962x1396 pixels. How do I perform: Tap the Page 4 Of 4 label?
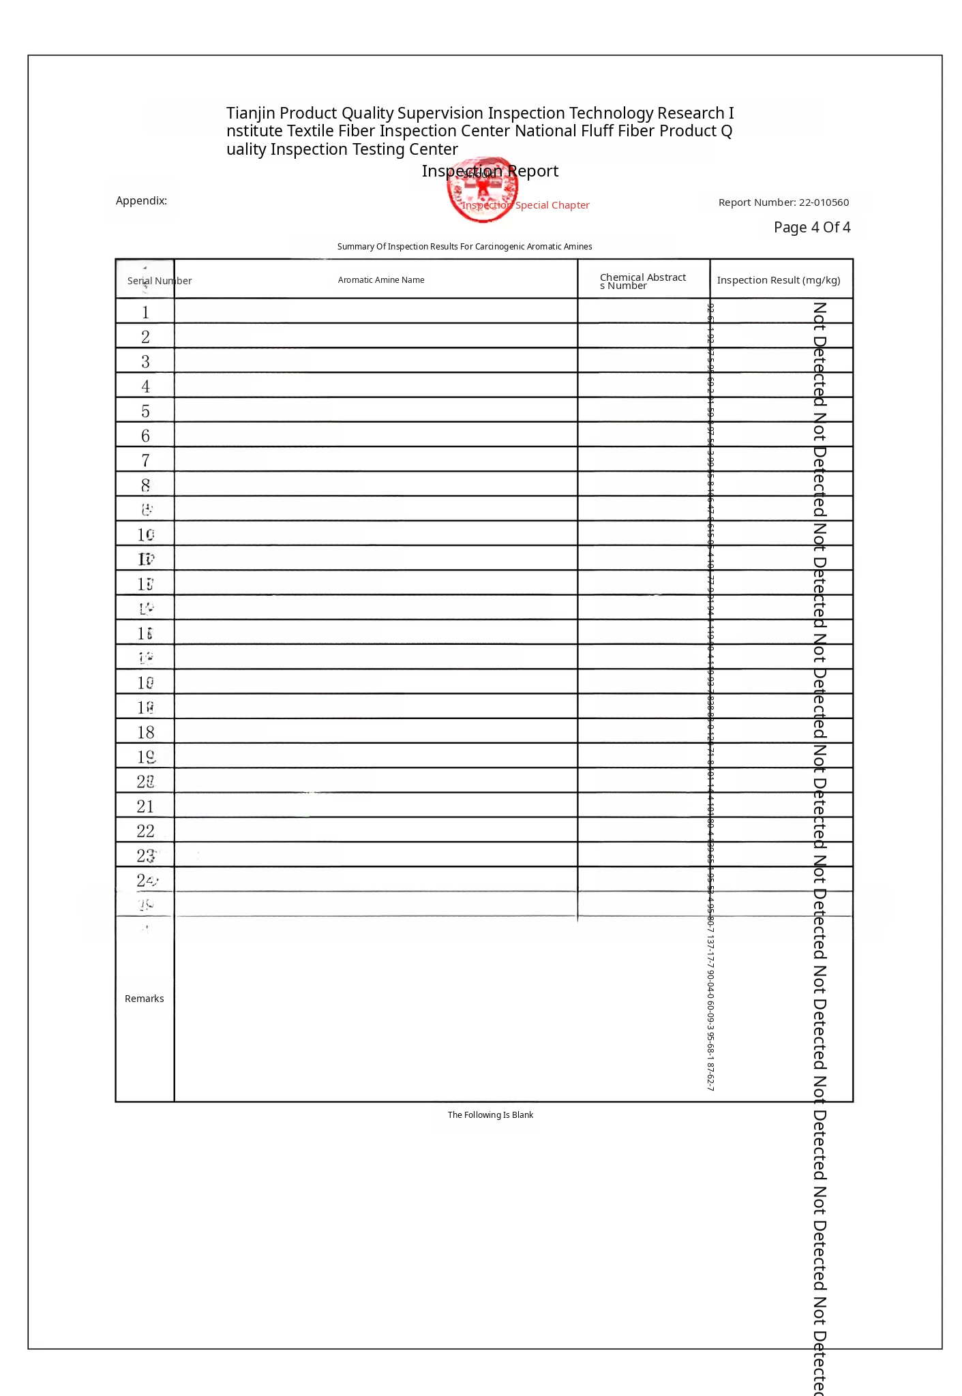click(811, 228)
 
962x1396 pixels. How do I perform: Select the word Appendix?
click(141, 200)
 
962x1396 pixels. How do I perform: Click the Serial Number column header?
click(159, 281)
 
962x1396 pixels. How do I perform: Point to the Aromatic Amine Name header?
click(381, 280)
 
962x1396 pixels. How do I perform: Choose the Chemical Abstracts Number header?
click(642, 281)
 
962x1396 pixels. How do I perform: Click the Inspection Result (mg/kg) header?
click(778, 280)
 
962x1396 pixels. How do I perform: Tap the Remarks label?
click(144, 999)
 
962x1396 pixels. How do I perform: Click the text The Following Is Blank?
click(490, 1115)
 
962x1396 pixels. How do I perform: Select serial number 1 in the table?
click(145, 312)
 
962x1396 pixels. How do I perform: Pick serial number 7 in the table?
click(145, 461)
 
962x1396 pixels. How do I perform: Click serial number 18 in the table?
click(146, 733)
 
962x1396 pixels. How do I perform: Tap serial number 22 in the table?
click(146, 832)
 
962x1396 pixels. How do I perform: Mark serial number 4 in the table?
click(145, 386)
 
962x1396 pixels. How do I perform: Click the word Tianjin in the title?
click(250, 113)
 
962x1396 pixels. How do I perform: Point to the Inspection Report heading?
click(490, 171)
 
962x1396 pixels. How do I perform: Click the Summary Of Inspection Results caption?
click(464, 247)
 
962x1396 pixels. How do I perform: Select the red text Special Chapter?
click(552, 205)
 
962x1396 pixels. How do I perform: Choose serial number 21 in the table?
click(146, 807)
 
